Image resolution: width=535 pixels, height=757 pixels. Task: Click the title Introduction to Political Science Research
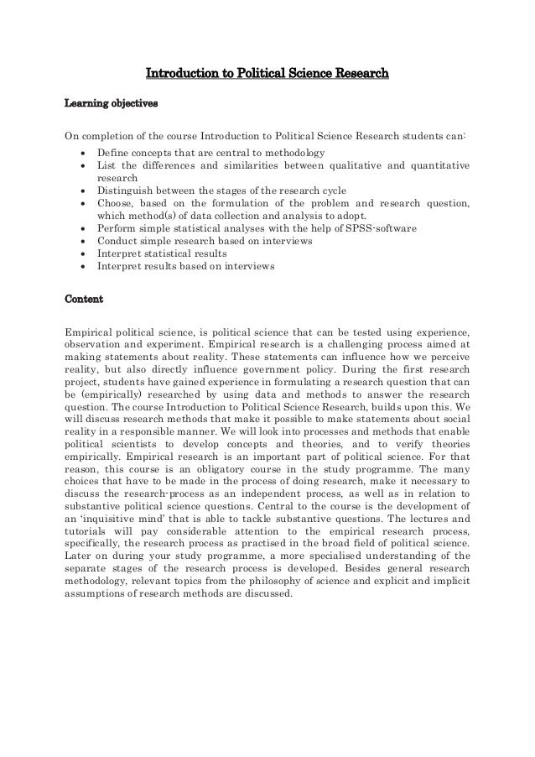coord(267,78)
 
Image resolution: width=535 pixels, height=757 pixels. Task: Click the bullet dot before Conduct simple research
coord(81,242)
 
